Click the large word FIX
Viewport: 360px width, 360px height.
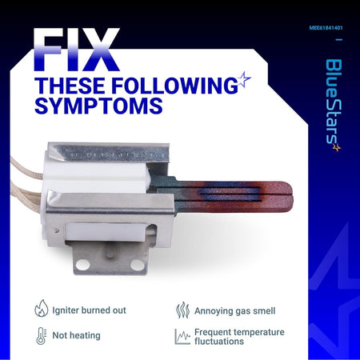click(x=77, y=50)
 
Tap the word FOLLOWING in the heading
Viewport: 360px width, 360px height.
click(x=174, y=86)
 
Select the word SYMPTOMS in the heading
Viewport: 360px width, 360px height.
click(x=98, y=106)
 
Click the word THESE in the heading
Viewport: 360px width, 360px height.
click(x=70, y=86)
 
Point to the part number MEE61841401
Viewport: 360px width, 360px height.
click(x=326, y=28)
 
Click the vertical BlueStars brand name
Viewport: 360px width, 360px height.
click(x=334, y=102)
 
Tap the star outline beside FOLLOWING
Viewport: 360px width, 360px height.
click(x=243, y=79)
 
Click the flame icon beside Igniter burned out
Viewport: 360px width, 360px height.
click(x=42, y=309)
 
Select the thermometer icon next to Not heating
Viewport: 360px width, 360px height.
click(x=41, y=336)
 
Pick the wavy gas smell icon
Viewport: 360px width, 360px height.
click(x=182, y=310)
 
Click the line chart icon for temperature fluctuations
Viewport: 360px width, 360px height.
click(x=182, y=337)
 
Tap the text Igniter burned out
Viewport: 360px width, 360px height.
click(x=89, y=310)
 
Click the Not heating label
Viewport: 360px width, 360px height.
click(x=76, y=335)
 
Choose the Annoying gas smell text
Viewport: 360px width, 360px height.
click(x=235, y=311)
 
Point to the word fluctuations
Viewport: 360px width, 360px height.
click(x=219, y=342)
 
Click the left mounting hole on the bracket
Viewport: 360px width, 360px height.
click(x=82, y=265)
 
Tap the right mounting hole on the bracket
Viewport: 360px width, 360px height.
click(x=138, y=264)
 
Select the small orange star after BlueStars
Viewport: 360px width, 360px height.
click(x=337, y=147)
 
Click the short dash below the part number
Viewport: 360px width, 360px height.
click(x=339, y=39)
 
